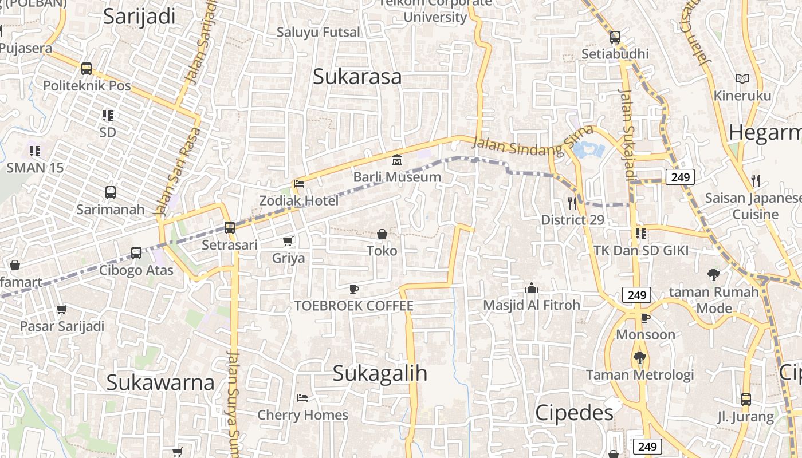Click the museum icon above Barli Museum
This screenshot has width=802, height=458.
click(396, 160)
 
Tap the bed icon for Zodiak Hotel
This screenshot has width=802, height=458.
click(298, 184)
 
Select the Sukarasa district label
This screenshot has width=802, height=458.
click(357, 77)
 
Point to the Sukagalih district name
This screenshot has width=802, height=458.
click(380, 373)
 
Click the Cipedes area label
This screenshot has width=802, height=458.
click(574, 412)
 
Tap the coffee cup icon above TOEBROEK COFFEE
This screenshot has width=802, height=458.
click(354, 289)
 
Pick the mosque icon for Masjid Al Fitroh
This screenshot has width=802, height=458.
click(532, 288)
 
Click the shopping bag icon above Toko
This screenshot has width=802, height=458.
click(382, 234)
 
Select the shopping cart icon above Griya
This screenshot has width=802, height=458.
click(288, 242)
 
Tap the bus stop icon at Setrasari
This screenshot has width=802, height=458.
click(230, 227)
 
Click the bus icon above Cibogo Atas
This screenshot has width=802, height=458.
click(136, 252)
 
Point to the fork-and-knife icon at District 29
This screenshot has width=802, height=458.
click(572, 203)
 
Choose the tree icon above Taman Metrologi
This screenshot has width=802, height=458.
click(640, 358)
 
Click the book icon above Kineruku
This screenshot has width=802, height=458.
click(742, 78)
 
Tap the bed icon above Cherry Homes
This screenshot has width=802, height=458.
click(302, 398)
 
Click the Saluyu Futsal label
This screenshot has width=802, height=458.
click(319, 32)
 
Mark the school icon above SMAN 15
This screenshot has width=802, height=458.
click(35, 151)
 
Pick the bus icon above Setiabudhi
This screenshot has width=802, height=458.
click(615, 37)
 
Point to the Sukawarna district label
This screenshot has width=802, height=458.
click(160, 382)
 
